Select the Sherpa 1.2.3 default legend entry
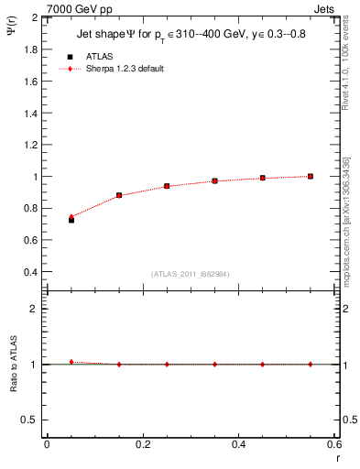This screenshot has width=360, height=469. tap(110, 69)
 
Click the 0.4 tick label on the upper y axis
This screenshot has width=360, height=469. tap(30, 272)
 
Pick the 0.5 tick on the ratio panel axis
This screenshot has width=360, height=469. tap(30, 420)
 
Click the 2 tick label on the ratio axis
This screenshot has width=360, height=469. tap(34, 309)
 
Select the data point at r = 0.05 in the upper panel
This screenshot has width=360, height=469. tap(71, 220)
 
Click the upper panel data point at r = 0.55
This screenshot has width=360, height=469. tap(311, 176)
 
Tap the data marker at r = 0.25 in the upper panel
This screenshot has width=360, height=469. tap(167, 186)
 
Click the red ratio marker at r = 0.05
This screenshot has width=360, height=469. tap(71, 362)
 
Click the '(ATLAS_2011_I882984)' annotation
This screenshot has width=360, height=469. tap(191, 273)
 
